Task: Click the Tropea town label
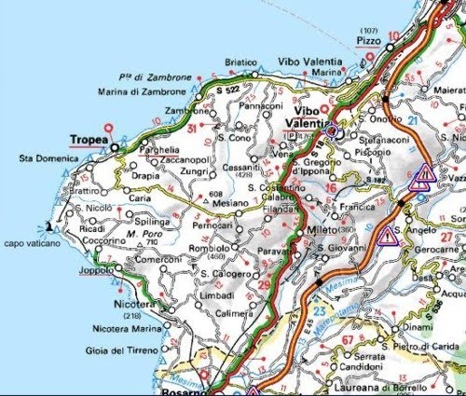(x=88, y=141)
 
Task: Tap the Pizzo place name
(x=370, y=43)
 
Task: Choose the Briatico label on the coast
(x=240, y=62)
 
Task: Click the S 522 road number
(x=227, y=87)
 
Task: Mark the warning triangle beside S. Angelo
(x=385, y=235)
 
